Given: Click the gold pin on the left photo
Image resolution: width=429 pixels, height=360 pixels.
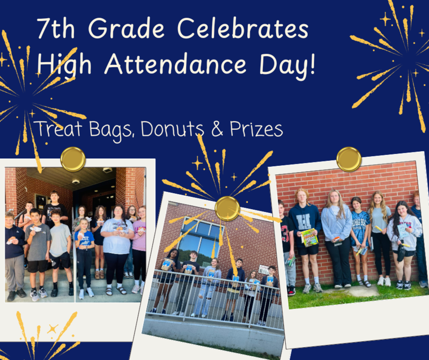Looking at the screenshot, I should pos(73,159).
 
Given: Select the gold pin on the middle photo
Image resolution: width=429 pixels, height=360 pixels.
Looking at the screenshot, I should pos(227,208).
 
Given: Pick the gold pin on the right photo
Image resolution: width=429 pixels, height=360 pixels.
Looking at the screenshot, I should pos(349,159).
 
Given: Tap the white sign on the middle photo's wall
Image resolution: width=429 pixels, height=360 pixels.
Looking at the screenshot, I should pos(264,269).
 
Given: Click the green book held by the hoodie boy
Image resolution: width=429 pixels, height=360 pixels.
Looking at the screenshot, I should pos(309,237).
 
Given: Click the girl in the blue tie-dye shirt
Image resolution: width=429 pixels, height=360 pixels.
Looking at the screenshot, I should pos(360,236).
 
